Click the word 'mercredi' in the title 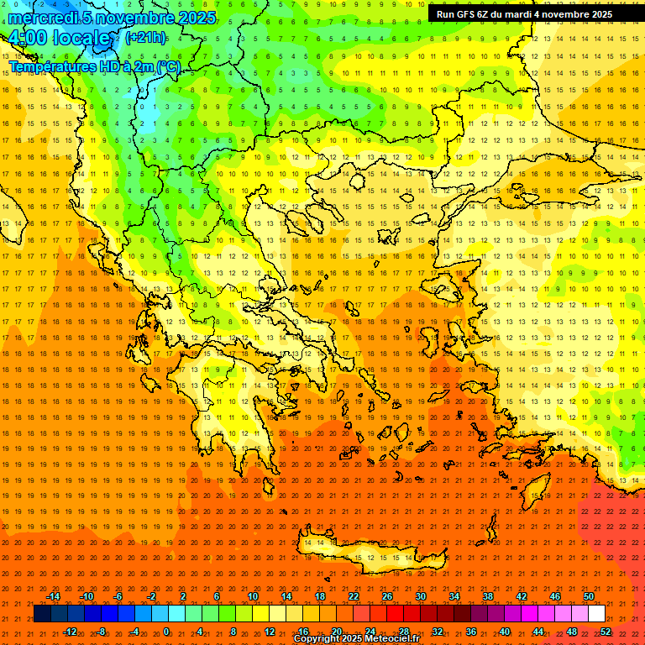pyautogui.click(x=41, y=18)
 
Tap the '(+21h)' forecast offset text pyautogui.click(x=145, y=38)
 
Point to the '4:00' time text pyautogui.click(x=28, y=39)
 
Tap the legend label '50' pyautogui.click(x=588, y=596)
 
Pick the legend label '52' pyautogui.click(x=606, y=632)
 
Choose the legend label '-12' pyautogui.click(x=70, y=632)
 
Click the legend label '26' pyautogui.click(x=387, y=596)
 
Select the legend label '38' pyautogui.click(x=488, y=596)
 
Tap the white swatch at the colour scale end pyautogui.click(x=597, y=614)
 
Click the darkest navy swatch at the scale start pyautogui.click(x=42, y=614)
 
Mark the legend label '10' pyautogui.click(x=253, y=596)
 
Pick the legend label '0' pyautogui.click(x=166, y=632)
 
